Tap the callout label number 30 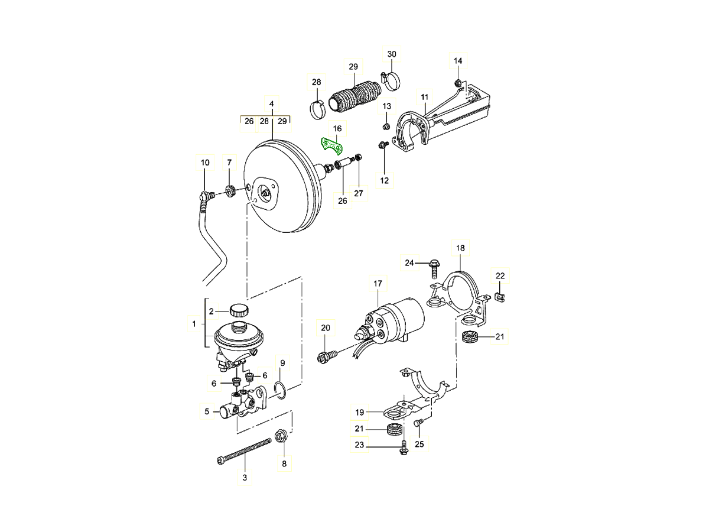[x=392, y=54]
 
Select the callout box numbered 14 [x=458, y=61]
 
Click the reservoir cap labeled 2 [x=239, y=309]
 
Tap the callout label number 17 [x=378, y=284]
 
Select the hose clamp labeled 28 [x=317, y=108]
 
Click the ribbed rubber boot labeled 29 [x=352, y=96]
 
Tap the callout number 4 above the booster [x=272, y=104]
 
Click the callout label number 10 [x=205, y=162]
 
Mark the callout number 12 [x=385, y=180]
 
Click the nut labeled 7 [x=231, y=190]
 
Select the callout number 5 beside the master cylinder [x=207, y=411]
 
